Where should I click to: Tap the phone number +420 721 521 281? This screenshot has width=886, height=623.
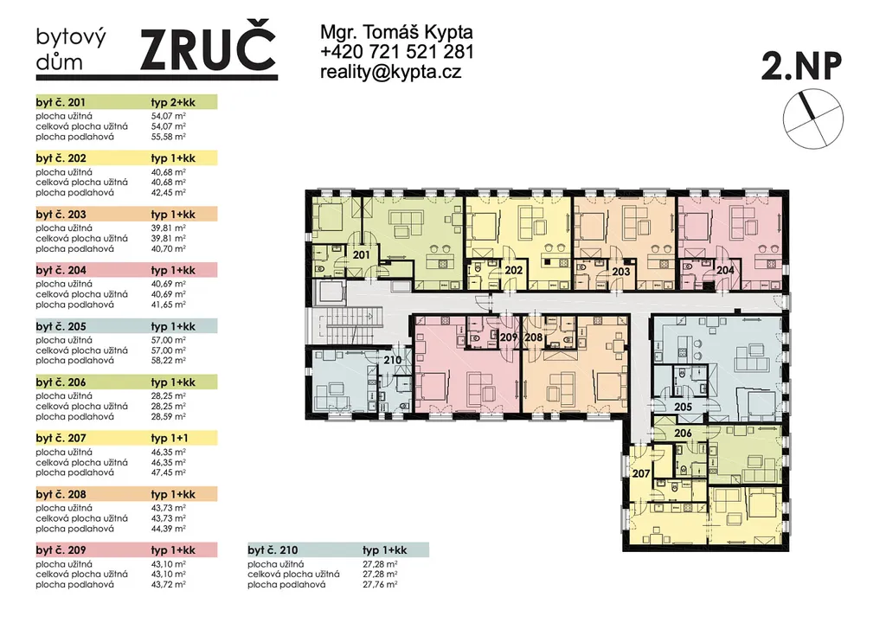coord(396,52)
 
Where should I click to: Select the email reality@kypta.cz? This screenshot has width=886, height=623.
coord(390,72)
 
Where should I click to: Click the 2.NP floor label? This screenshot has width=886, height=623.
coord(801,66)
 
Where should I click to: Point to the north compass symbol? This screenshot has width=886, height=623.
coord(812,119)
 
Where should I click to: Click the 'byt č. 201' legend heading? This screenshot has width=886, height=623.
coord(61,102)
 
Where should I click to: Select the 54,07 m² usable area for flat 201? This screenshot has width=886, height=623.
coord(169,116)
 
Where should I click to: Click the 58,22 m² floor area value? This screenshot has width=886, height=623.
coord(169,360)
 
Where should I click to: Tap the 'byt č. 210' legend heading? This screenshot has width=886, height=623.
coord(273,550)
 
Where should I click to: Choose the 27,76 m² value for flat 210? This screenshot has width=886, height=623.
coord(381,585)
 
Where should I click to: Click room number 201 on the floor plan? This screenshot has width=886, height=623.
coord(361,255)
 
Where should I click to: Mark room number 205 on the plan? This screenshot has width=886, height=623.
coord(684,407)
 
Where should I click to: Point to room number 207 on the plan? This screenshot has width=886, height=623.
coord(641,473)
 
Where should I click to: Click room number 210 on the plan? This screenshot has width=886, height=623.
coord(392,360)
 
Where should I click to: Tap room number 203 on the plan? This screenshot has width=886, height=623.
coord(621,272)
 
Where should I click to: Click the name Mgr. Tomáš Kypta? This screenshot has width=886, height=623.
coord(396,32)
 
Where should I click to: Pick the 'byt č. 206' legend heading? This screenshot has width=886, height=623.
coord(61,382)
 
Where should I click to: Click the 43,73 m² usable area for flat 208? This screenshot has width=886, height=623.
coord(169,508)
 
